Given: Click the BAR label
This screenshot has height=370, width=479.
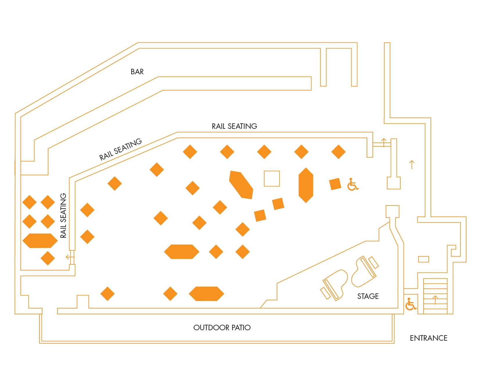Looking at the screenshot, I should coord(137,72).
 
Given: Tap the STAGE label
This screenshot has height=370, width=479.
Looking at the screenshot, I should coord(368,296).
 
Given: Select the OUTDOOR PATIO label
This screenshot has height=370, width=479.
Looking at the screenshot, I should coord(222,328).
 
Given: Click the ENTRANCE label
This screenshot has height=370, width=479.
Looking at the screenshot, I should coord(428,338).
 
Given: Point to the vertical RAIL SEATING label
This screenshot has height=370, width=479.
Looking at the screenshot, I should coord(63,216).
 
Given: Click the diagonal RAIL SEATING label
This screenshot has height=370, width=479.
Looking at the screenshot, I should coord(120,149).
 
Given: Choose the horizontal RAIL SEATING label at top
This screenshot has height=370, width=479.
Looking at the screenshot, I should coord(234,126).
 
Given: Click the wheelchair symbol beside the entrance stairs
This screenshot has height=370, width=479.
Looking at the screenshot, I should coord(411,304).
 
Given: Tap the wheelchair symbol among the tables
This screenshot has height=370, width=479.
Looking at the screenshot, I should coord(353,185).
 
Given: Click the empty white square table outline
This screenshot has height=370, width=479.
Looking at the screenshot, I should coord(272,178).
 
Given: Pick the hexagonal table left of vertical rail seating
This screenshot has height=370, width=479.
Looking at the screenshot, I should coord(40,241).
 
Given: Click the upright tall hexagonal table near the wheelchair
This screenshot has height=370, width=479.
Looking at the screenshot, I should coord(306,185).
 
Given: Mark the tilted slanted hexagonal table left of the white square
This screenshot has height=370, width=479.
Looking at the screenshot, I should coord(241,185).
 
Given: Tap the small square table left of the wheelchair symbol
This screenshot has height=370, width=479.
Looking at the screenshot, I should coord(335,184).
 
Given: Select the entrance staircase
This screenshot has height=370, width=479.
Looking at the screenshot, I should coord(435,296).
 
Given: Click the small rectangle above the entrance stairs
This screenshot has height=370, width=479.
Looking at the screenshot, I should coord(424,259).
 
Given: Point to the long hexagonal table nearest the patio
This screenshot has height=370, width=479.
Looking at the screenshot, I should coord(206,294).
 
